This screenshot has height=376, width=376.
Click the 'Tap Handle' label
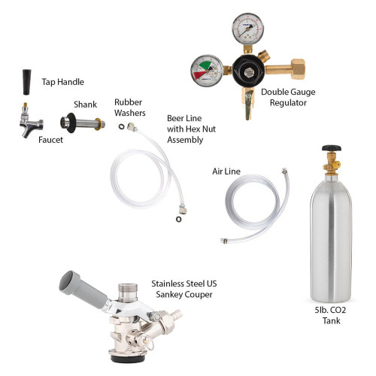62,82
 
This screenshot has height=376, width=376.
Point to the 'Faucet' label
50,140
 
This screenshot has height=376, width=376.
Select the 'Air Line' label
226,171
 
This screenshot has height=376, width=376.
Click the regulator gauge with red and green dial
205,72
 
